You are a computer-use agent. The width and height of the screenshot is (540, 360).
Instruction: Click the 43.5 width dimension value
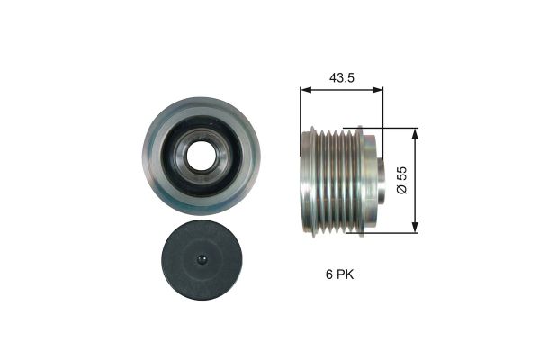click(341, 78)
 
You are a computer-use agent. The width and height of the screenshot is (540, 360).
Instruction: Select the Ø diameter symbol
click(403, 191)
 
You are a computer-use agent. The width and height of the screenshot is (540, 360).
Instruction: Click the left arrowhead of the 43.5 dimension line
click(303, 90)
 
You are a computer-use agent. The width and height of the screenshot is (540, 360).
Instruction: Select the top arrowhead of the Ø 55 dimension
click(415, 131)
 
